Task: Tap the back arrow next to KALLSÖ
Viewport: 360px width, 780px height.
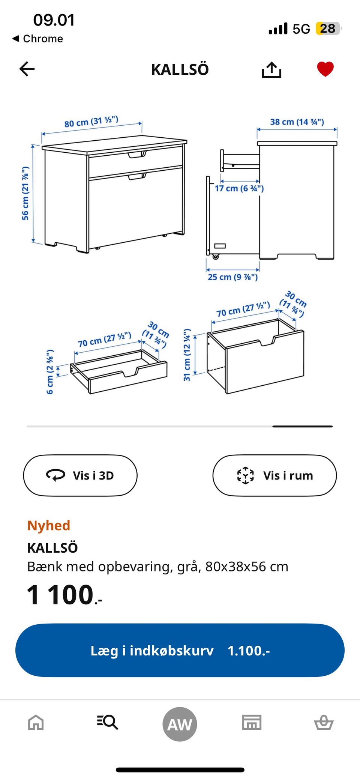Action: (27, 69)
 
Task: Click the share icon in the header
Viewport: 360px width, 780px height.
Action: (271, 69)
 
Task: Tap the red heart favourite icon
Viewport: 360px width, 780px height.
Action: (325, 69)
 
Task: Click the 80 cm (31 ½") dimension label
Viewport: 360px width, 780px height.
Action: (91, 122)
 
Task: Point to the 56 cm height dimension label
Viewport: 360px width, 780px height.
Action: (25, 193)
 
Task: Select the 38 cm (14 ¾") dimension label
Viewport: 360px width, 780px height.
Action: (297, 122)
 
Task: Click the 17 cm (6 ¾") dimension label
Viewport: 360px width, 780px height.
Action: (239, 188)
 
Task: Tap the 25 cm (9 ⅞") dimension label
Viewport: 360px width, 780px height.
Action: (232, 277)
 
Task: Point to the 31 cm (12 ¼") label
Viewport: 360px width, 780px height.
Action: (187, 355)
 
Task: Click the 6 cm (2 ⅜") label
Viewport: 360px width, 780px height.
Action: (50, 372)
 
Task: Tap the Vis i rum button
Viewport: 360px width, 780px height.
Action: (274, 475)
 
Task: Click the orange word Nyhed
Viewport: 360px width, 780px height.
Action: (49, 526)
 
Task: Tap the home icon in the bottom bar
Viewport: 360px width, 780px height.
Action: (36, 722)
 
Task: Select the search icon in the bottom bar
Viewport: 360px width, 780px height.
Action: (108, 722)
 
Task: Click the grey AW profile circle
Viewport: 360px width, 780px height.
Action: (180, 724)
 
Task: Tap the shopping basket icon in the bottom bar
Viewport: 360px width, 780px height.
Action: (324, 722)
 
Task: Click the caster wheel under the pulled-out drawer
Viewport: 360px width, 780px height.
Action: (215, 257)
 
